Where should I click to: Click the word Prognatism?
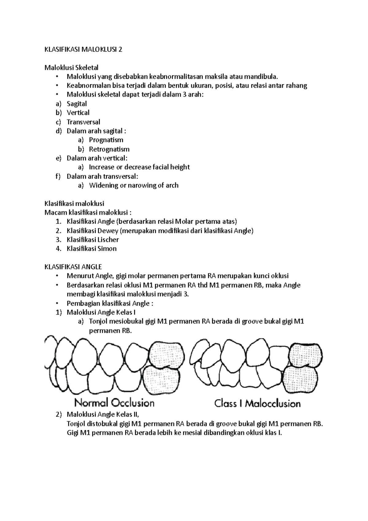click(106, 140)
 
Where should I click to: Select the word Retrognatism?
click(109, 149)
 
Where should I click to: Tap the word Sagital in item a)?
click(77, 104)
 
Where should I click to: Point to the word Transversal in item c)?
click(83, 122)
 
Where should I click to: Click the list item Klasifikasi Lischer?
click(93, 240)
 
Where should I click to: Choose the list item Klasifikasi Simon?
click(91, 249)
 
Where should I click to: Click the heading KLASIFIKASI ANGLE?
click(73, 267)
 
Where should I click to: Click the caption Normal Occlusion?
click(114, 402)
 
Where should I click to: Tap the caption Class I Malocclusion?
click(257, 403)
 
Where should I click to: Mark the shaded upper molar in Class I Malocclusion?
click(306, 354)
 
